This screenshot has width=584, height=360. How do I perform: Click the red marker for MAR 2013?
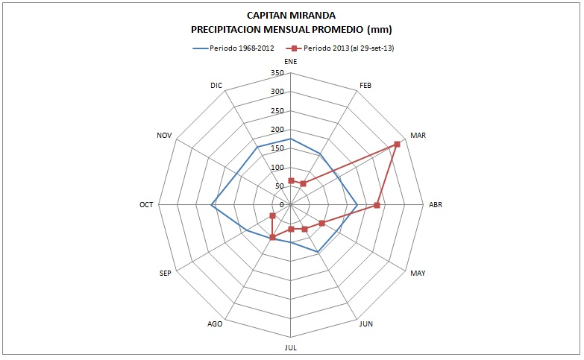click(397, 144)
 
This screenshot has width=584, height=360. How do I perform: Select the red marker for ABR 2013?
click(377, 205)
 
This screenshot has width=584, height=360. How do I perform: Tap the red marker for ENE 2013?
click(291, 180)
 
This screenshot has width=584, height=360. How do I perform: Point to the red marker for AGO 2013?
click(273, 238)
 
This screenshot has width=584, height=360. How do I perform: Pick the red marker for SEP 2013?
click(272, 216)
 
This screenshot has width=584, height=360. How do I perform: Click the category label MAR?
click(418, 135)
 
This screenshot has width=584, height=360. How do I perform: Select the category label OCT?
click(146, 205)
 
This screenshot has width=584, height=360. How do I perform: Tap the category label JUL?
click(291, 348)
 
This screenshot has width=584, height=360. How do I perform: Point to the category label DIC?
click(216, 85)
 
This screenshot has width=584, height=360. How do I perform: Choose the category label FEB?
click(365, 85)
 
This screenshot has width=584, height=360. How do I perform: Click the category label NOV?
click(164, 135)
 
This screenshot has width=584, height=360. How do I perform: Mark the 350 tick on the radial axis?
click(277, 73)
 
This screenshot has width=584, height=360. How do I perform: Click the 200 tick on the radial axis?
click(277, 130)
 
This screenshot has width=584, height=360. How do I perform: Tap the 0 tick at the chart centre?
click(283, 205)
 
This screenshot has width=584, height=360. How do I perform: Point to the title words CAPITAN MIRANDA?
click(291, 16)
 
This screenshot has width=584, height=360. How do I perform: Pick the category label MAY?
click(418, 274)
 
